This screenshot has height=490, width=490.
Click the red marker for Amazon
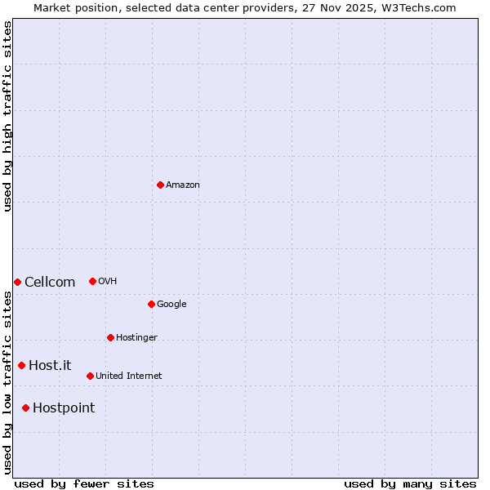pyautogui.click(x=160, y=185)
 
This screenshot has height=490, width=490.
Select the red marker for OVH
pyautogui.click(x=92, y=281)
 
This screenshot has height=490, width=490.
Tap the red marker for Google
pyautogui.click(x=151, y=304)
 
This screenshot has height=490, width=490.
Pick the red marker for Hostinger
pyautogui.click(x=110, y=337)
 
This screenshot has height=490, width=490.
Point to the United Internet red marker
pyautogui.click(x=90, y=376)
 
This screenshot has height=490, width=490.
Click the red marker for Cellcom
pyautogui.click(x=17, y=282)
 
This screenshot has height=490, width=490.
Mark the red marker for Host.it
pyautogui.click(x=21, y=365)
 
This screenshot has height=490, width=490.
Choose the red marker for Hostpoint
pyautogui.click(x=25, y=408)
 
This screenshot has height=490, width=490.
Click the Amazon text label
pyautogui.click(x=183, y=185)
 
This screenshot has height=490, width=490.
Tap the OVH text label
pyautogui.click(x=107, y=281)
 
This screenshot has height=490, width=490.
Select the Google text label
pyautogui.click(x=171, y=304)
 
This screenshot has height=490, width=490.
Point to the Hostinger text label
pyautogui.click(x=136, y=337)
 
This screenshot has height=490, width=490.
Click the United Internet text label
pyautogui.click(x=128, y=376)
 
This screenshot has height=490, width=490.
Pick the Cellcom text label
pyautogui.click(x=50, y=283)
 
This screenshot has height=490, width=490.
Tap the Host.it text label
pyautogui.click(x=50, y=366)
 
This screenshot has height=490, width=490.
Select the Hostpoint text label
pyautogui.click(x=64, y=408)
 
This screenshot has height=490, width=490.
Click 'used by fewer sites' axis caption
pyautogui.click(x=84, y=483)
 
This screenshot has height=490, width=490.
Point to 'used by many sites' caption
pyautogui.click(x=410, y=483)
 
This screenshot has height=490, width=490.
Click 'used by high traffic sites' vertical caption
pyautogui.click(x=7, y=116)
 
